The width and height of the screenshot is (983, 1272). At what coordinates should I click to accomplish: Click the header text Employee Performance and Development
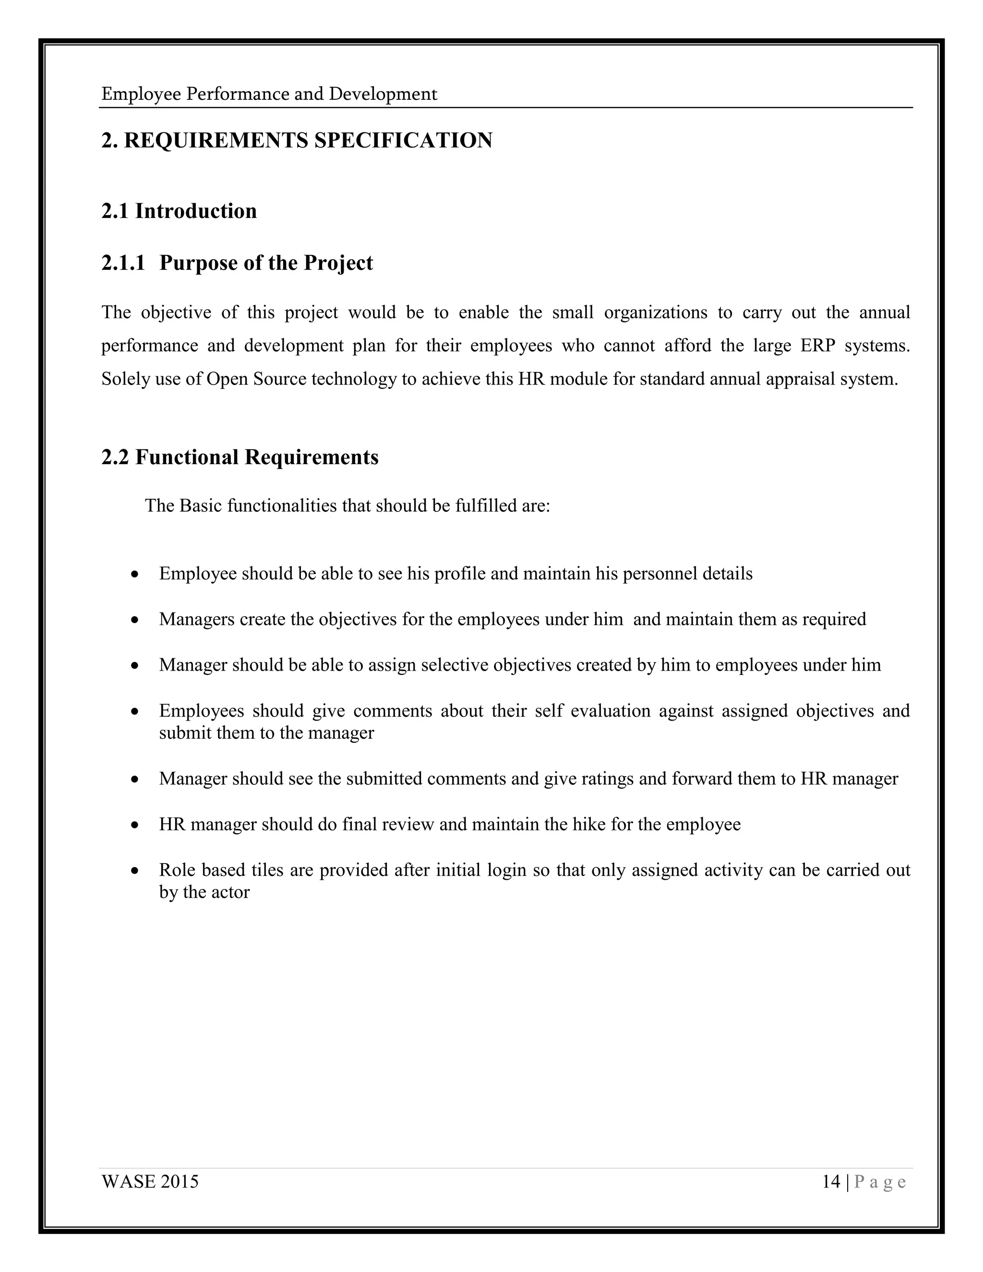tap(269, 95)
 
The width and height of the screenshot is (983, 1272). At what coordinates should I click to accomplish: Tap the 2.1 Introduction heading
tap(179, 211)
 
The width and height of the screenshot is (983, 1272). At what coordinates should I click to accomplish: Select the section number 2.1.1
tap(123, 263)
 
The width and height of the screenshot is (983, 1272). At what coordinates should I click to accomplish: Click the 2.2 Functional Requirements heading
tap(240, 457)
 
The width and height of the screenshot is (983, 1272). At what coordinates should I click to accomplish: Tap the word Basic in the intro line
tap(201, 505)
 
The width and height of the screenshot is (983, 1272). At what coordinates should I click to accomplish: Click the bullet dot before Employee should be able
tap(135, 574)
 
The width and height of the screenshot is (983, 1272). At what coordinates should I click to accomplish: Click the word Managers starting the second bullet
tap(196, 619)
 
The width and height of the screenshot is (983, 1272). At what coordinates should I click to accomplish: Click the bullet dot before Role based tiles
tap(135, 871)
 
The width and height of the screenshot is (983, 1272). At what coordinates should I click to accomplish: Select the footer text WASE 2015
tap(150, 1182)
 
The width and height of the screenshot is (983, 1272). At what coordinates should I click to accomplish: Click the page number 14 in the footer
tap(831, 1182)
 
